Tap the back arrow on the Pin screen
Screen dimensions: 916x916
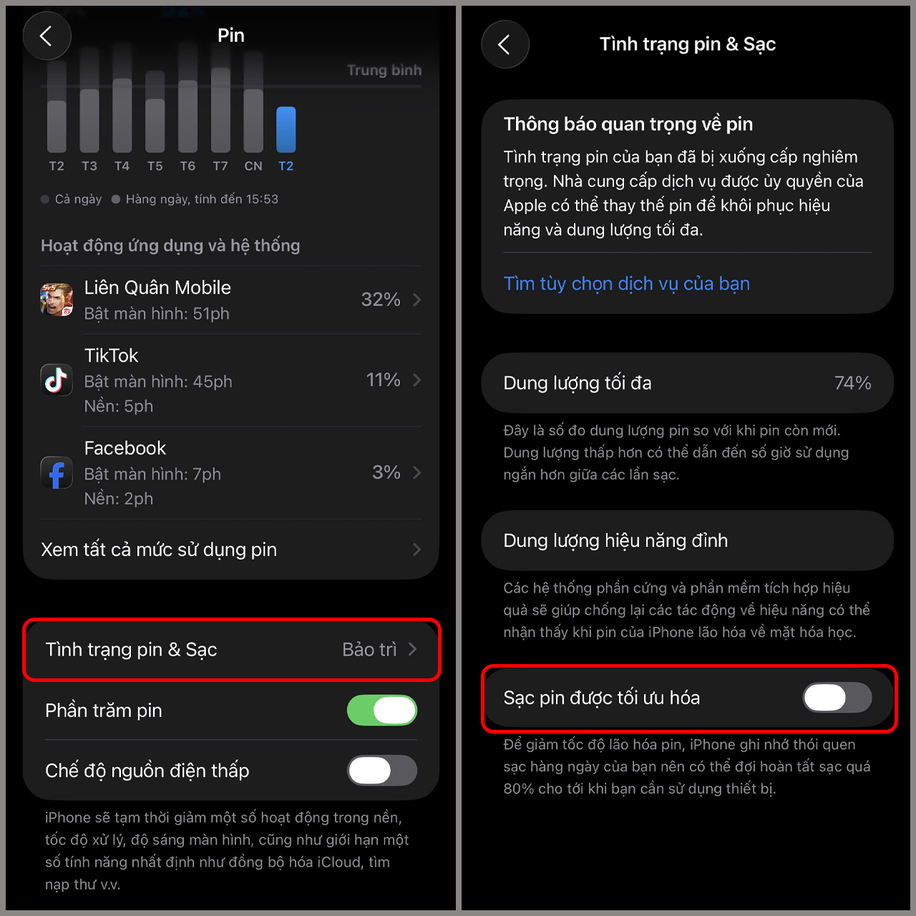click(46, 36)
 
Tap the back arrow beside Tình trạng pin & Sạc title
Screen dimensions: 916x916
click(505, 44)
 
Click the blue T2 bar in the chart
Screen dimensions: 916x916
click(286, 130)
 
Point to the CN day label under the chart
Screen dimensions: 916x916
click(253, 166)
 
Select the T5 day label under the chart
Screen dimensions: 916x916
click(155, 166)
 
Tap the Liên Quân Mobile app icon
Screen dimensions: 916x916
click(57, 299)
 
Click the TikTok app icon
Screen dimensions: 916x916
click(57, 380)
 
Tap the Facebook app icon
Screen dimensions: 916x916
click(57, 472)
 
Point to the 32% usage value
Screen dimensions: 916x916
click(380, 299)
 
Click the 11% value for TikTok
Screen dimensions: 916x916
click(383, 380)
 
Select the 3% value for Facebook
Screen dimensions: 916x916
click(386, 472)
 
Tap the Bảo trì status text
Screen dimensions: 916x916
click(369, 649)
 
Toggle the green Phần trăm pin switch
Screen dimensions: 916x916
click(381, 710)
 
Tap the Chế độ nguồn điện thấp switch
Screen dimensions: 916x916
click(381, 771)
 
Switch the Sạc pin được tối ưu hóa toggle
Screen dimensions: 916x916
click(837, 698)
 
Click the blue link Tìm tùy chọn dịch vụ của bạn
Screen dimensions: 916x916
click(626, 284)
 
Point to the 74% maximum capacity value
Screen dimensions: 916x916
click(853, 383)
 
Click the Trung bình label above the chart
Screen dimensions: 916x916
click(384, 70)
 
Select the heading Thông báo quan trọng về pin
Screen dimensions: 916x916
click(628, 125)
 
